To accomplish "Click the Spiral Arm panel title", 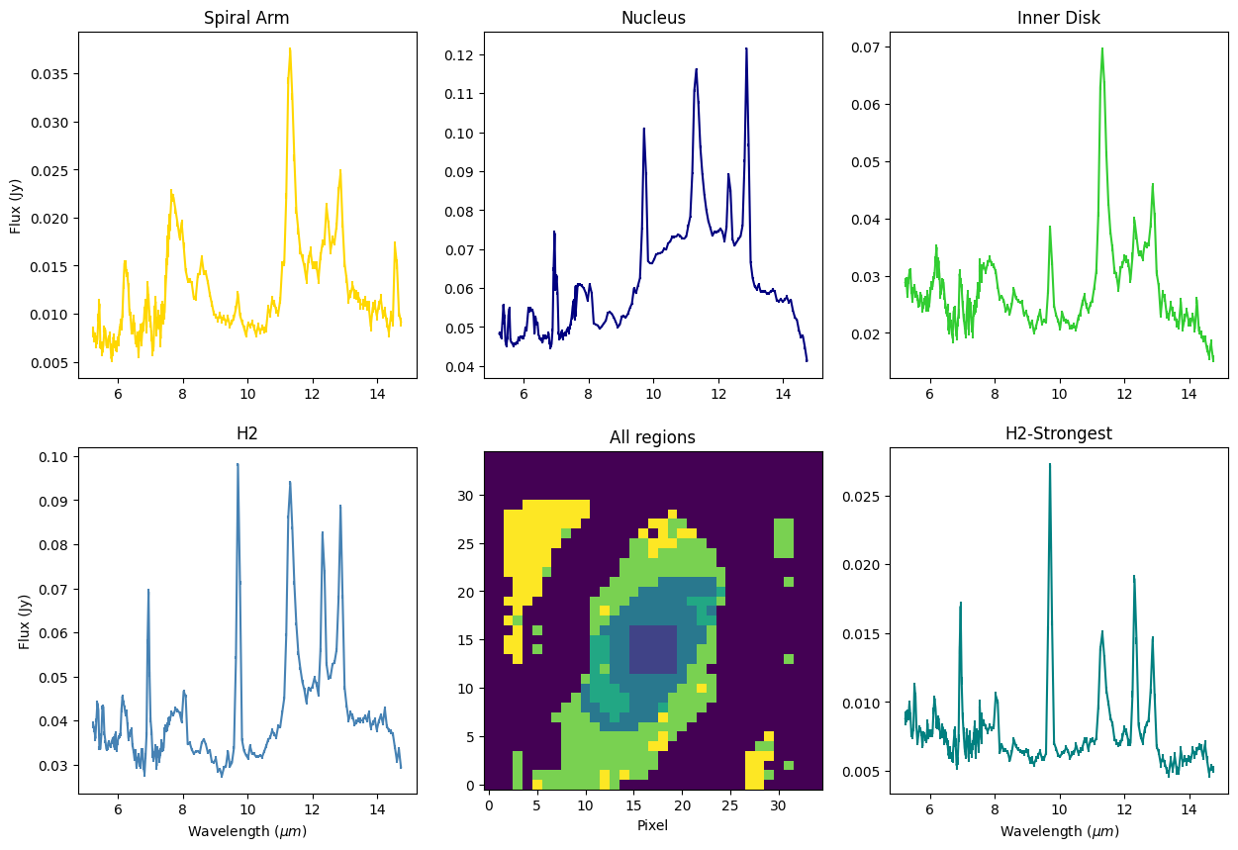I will pos(247,18).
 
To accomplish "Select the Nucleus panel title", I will pos(653,18).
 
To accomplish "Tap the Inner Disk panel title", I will pos(1058,18).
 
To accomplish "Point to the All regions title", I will pos(653,437).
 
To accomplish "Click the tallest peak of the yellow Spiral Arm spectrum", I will pos(290,48).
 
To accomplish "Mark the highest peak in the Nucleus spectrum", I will pos(746,48).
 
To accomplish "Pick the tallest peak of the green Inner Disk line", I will pos(1101,48).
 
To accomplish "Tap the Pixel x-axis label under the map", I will pos(653,824).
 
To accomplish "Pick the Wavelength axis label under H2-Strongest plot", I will pos(1058,831).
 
